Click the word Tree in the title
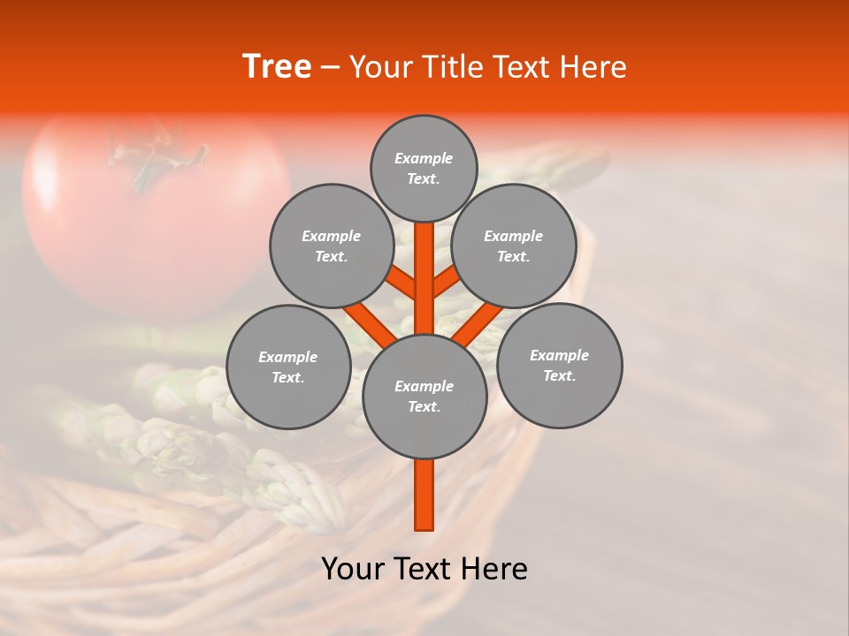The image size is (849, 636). coord(277,67)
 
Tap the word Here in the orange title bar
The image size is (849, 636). coord(593,67)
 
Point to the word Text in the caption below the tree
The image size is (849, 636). coord(427,569)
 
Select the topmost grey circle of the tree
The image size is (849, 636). coord(424,169)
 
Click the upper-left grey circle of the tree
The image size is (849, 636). coord(332,246)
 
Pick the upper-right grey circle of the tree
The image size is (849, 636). coord(514,246)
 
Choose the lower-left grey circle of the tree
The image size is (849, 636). coord(288,367)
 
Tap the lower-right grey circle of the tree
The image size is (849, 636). coord(559,365)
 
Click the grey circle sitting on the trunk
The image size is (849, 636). coord(424,397)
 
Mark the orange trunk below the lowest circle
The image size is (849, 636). coord(424,495)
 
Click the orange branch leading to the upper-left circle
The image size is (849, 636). coord(402,282)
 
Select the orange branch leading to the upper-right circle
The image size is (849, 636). coord(446,282)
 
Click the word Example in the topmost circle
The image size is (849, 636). coord(424,159)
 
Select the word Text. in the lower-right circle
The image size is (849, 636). coord(559,375)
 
